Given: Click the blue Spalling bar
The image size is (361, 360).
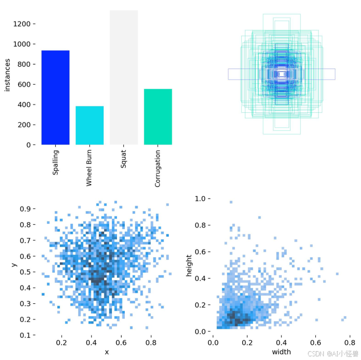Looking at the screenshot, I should click(55, 97).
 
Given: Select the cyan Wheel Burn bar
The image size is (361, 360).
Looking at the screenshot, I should click(89, 125).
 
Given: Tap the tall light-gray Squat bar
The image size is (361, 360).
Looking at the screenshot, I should click(123, 77).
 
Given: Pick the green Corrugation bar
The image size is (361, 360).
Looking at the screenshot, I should click(157, 116).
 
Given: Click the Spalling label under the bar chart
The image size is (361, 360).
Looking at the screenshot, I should click(56, 162).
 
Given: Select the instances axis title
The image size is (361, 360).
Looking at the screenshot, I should click(8, 75).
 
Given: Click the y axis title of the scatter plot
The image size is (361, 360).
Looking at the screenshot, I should click(15, 264).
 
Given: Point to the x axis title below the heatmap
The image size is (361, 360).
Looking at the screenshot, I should click(106, 352).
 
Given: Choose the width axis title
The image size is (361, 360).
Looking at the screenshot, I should click(281, 352).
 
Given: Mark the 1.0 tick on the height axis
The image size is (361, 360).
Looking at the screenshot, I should click(201, 199).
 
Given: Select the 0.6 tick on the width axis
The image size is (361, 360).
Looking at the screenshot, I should click(315, 342).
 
